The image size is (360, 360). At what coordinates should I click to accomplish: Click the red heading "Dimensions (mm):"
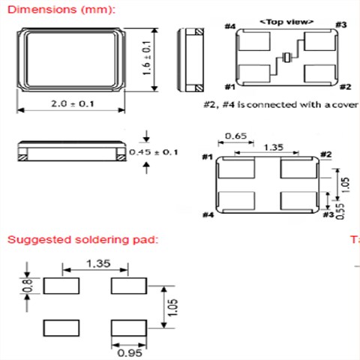tap(61, 10)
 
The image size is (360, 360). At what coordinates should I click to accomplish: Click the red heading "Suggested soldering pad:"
tap(83, 239)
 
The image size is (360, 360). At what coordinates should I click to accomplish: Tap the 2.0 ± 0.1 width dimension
tap(73, 103)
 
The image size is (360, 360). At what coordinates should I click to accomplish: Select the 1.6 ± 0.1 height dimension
tap(147, 58)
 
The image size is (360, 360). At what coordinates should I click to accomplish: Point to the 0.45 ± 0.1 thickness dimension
tap(154, 152)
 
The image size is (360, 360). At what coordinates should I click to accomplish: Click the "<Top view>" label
tap(286, 22)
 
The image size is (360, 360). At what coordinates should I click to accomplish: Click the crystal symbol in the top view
tap(286, 58)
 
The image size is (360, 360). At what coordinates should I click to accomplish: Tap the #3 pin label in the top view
tap(341, 25)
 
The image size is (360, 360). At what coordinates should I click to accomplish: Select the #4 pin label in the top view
tap(230, 26)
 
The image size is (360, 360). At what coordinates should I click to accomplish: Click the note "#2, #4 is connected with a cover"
tap(281, 104)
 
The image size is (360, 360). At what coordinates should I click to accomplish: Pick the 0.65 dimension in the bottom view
tap(236, 136)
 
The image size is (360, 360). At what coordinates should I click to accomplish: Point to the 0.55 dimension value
tap(340, 211)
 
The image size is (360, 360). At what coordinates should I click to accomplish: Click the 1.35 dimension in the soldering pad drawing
tap(98, 263)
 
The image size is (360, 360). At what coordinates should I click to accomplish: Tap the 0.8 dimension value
tap(27, 285)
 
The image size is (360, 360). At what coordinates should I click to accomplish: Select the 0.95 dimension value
tap(130, 353)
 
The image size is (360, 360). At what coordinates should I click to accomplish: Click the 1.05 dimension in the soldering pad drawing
tap(172, 307)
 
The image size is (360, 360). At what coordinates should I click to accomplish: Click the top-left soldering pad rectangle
tap(61, 286)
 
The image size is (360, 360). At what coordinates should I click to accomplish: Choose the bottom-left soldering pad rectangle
tap(61, 328)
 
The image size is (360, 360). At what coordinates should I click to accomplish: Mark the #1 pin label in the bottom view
tap(208, 157)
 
